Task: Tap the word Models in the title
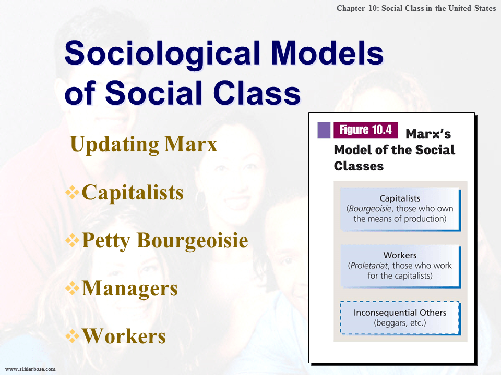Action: point(331,54)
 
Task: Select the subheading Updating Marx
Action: point(144,144)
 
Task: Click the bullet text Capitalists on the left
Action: point(133,193)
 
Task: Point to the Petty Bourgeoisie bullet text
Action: point(165,241)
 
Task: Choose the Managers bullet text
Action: point(129,289)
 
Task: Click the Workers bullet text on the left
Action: point(124,336)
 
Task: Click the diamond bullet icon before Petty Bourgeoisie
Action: point(72,241)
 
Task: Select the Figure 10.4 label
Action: point(365,130)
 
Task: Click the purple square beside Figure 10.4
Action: point(324,130)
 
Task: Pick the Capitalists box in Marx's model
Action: point(400,209)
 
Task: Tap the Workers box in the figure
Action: point(400,266)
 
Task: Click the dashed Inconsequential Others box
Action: point(400,318)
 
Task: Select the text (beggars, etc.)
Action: point(400,323)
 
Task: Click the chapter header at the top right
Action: point(416,9)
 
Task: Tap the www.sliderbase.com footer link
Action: point(30,369)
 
